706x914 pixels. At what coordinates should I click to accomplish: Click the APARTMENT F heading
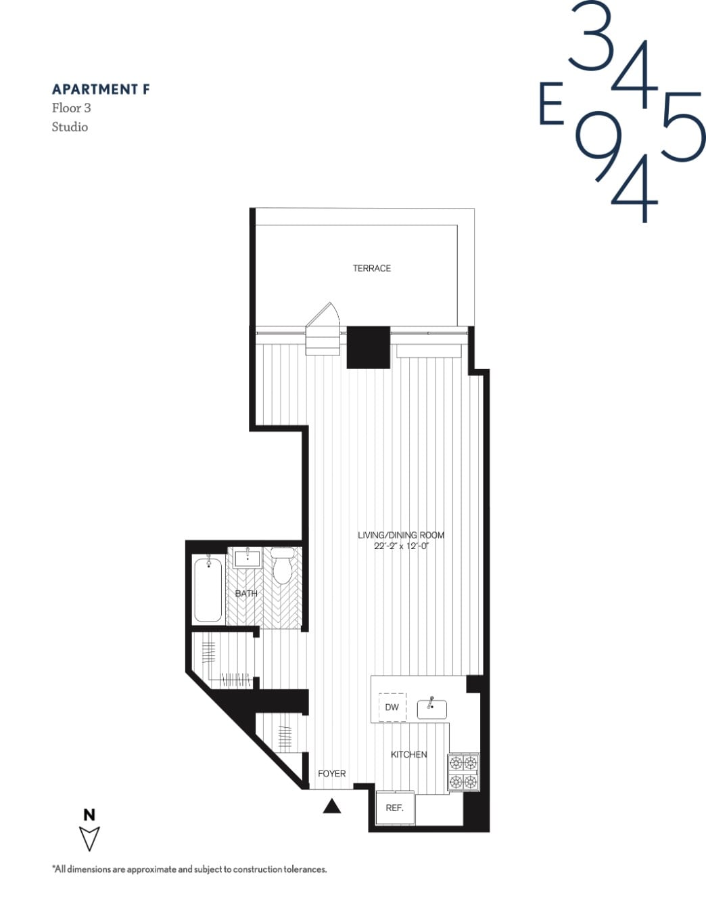(x=101, y=89)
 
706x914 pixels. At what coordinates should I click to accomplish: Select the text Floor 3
(x=71, y=108)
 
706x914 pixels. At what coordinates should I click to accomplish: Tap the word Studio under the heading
(x=70, y=127)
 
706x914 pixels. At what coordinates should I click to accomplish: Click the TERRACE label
(x=371, y=268)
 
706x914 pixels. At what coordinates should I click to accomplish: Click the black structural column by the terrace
(x=368, y=347)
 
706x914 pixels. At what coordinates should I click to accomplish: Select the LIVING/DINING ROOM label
(x=400, y=535)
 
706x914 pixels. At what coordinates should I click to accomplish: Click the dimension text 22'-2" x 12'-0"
(x=400, y=546)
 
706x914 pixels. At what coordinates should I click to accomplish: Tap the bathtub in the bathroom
(x=208, y=588)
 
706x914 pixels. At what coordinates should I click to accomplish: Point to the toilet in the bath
(x=282, y=567)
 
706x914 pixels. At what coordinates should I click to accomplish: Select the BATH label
(x=246, y=593)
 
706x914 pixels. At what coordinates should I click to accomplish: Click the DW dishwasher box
(x=392, y=707)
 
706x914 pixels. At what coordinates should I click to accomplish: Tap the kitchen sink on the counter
(x=431, y=709)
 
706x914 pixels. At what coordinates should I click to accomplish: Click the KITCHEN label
(x=408, y=754)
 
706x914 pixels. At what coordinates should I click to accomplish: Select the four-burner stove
(x=463, y=772)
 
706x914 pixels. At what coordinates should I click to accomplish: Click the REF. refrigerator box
(x=394, y=808)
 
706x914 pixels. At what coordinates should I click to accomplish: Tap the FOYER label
(x=331, y=773)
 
